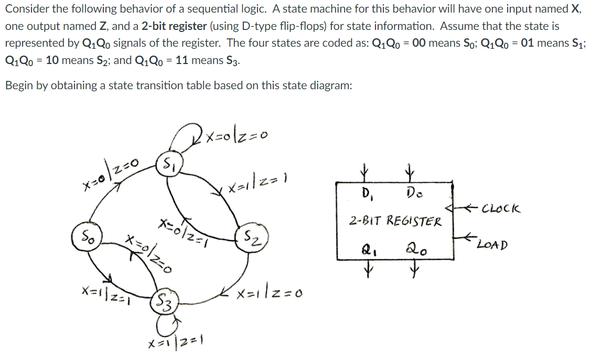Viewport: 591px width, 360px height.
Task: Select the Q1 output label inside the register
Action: [x=366, y=250]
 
